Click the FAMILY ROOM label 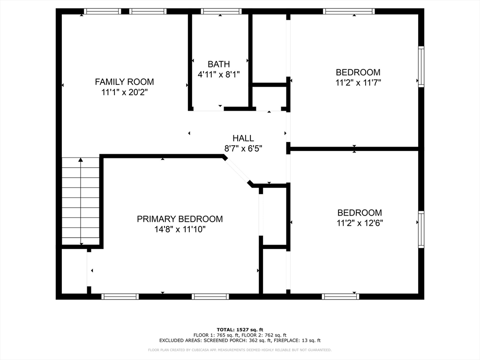click(x=124, y=82)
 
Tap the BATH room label click(x=219, y=64)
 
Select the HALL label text click(x=243, y=138)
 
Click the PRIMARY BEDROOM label click(x=180, y=219)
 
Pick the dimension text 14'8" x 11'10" click(x=180, y=229)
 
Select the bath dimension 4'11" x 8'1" click(x=219, y=74)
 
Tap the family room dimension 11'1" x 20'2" click(x=124, y=92)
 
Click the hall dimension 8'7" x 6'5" click(x=243, y=149)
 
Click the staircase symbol click(x=81, y=202)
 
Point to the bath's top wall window click(x=221, y=11)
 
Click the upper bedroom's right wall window click(x=421, y=66)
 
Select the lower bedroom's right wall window click(x=421, y=230)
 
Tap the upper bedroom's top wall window click(x=349, y=11)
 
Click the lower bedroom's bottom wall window click(x=340, y=296)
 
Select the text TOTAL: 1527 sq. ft click(x=240, y=330)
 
